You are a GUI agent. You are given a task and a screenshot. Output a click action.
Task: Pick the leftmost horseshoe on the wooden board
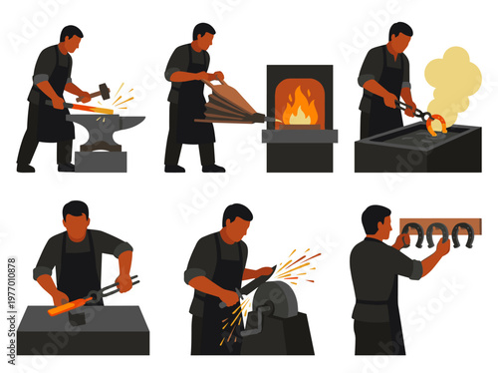pyautogui.click(x=411, y=235)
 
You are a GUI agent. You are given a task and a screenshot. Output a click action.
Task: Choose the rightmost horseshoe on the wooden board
pyautogui.click(x=461, y=235)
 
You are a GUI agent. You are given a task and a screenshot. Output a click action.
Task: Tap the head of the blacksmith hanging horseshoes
pyautogui.click(x=376, y=222)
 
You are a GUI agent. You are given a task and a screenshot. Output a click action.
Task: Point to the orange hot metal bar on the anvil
pyautogui.click(x=91, y=106)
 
